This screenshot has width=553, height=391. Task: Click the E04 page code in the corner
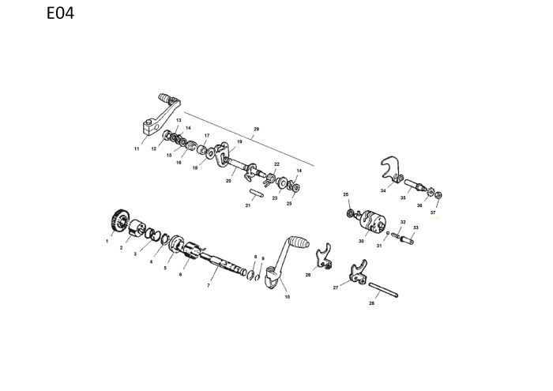(60, 13)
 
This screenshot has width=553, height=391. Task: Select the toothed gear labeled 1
(119, 221)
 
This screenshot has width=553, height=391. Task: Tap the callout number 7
(209, 286)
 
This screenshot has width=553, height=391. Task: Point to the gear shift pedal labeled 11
(162, 114)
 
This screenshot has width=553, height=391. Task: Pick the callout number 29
(257, 129)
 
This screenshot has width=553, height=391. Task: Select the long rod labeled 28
(383, 290)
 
